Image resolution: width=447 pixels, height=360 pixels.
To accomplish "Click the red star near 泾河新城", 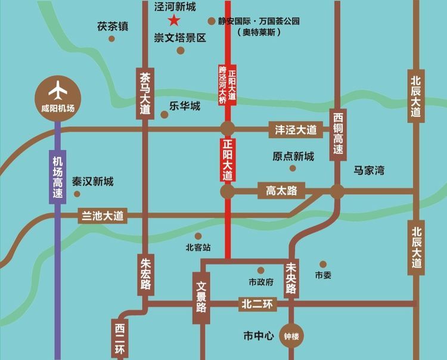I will pyautogui.click(x=173, y=21).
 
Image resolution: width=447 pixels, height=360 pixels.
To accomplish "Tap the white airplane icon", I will pyautogui.click(x=58, y=91).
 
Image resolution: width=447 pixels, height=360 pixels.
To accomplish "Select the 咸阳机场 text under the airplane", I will pyautogui.click(x=58, y=108).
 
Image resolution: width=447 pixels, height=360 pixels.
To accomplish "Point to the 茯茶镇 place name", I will pyautogui.click(x=113, y=27).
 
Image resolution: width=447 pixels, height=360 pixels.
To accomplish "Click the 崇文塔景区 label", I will pyautogui.click(x=179, y=38).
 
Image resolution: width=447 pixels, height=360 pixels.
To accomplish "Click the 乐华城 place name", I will pyautogui.click(x=184, y=107).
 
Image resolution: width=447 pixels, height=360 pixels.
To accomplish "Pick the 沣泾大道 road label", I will pyautogui.click(x=296, y=129).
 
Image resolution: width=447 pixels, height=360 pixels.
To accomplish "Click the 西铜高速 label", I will pyautogui.click(x=338, y=133).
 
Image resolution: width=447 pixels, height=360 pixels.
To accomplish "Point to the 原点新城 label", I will pyautogui.click(x=293, y=157).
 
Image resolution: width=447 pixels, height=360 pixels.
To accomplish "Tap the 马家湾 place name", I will pyautogui.click(x=369, y=170).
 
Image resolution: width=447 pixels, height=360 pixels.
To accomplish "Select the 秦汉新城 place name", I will pyautogui.click(x=92, y=182).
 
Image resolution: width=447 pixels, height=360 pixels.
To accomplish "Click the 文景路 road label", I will pyautogui.click(x=201, y=298).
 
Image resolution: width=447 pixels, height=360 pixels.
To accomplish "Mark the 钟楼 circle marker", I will pyautogui.click(x=291, y=336).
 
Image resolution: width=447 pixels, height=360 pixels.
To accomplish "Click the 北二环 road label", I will pyautogui.click(x=257, y=304).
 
